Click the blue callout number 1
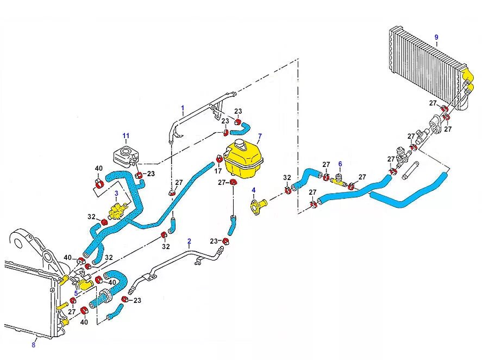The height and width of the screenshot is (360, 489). pos(183,107)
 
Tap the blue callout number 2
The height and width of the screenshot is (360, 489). pos(189,240)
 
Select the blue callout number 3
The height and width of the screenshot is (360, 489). pos(116,193)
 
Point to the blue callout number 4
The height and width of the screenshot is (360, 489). pos(253,190)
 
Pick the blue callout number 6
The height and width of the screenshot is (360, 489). pos(340,163)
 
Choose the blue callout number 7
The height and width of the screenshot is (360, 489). pos(260,136)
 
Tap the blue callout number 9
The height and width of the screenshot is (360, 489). pos(436,36)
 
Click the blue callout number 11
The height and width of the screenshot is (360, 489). pos(126,135)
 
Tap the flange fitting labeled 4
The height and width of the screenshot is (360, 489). pos(257,207)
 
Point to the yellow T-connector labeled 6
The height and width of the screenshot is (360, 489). pos(340,182)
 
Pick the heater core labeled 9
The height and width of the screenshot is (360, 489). pos(427,65)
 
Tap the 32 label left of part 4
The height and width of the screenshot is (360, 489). pos(287,177)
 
